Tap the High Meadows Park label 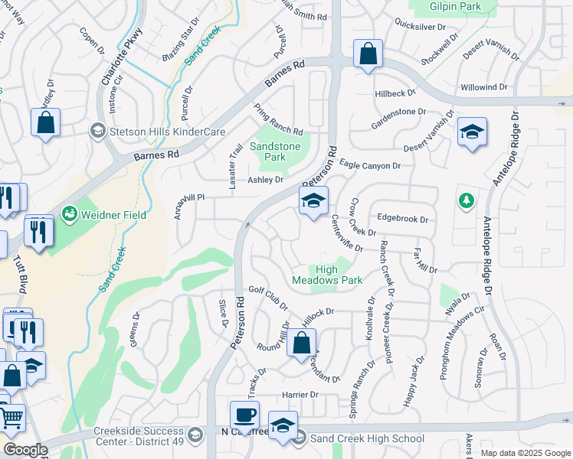[327, 275]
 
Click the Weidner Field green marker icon [69, 211]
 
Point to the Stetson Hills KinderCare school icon [97, 132]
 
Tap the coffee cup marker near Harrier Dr [244, 415]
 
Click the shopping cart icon [11, 418]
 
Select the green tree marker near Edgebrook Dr [465, 201]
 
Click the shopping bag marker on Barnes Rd [368, 55]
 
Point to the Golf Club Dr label [268, 297]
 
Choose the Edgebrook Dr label [402, 219]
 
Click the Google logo [25, 450]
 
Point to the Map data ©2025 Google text [525, 453]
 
